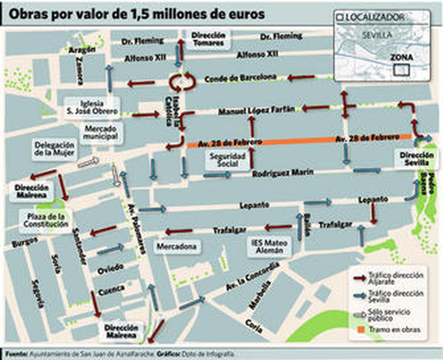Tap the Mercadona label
click(x=177, y=246)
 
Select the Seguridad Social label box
click(x=227, y=160)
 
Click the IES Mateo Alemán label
click(x=269, y=246)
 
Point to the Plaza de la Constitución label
click(x=46, y=220)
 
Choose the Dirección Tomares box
click(x=208, y=39)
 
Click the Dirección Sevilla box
click(x=416, y=159)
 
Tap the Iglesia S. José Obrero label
click(x=92, y=108)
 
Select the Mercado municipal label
click(x=100, y=132)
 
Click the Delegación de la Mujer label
click(x=54, y=149)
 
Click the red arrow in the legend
click(x=360, y=278)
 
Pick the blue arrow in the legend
click(x=360, y=296)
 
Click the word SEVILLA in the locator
click(x=377, y=35)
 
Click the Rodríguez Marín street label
click(x=283, y=173)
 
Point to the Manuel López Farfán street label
click(x=256, y=110)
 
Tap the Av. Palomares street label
click(x=136, y=229)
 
